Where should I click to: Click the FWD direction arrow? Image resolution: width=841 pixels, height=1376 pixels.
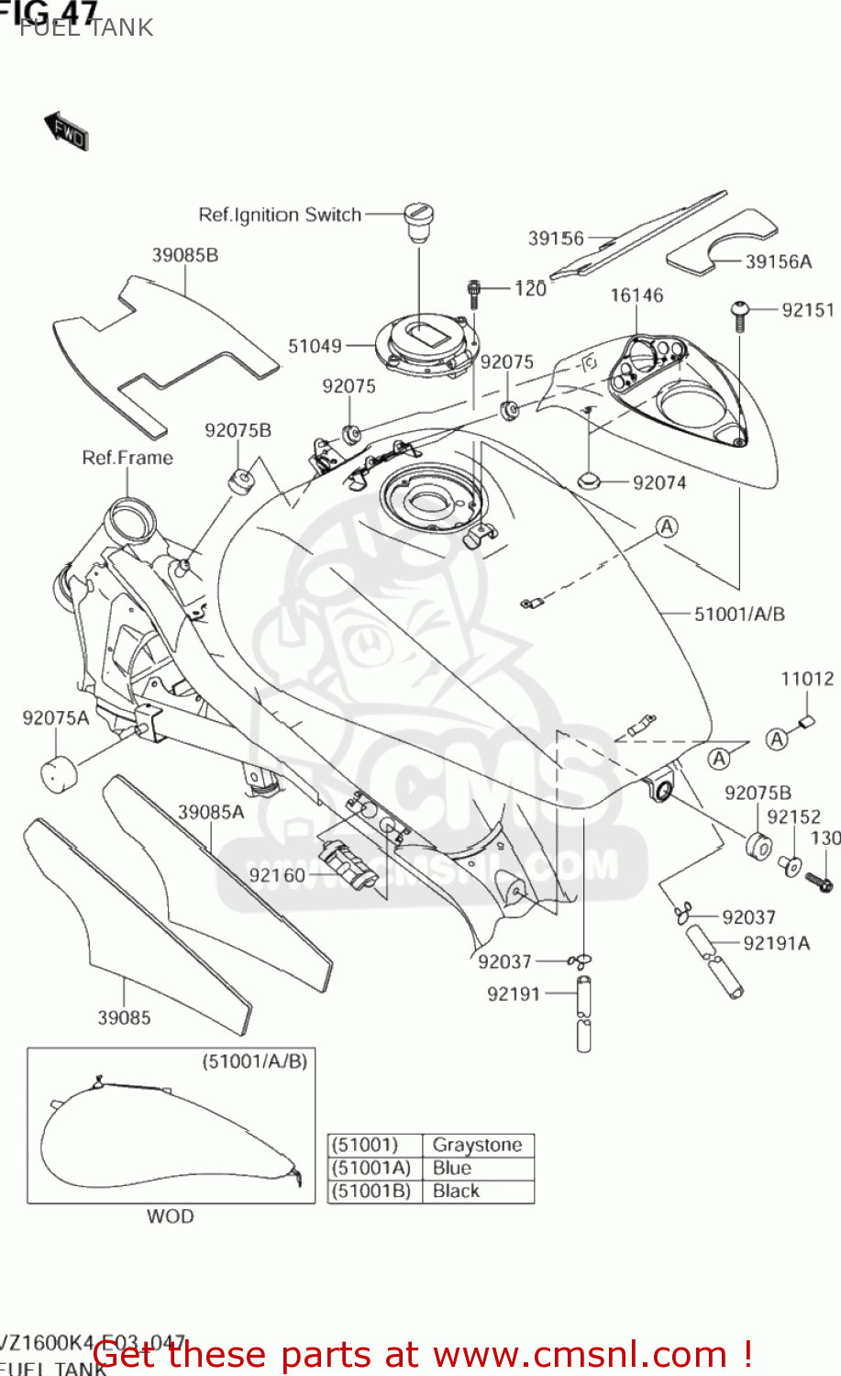point(66,132)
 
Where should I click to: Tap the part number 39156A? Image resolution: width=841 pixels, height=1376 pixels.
point(778,261)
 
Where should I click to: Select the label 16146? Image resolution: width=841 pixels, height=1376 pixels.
point(636,294)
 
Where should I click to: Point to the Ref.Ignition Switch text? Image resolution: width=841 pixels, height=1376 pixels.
point(280,215)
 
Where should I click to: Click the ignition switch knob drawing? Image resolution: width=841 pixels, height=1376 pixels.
point(418,222)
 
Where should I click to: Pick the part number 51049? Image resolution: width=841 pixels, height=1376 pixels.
point(315,346)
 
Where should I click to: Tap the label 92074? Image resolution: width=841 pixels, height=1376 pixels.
point(659,483)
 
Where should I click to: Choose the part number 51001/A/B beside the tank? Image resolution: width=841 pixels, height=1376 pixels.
point(739,614)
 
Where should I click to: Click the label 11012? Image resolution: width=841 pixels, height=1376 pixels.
point(807,679)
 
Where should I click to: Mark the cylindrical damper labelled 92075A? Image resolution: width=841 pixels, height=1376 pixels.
point(58,769)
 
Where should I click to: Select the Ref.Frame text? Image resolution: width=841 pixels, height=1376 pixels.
point(127,458)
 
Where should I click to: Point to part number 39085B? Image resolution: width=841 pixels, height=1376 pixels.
point(185,255)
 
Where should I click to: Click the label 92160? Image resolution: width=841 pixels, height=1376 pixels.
point(277,875)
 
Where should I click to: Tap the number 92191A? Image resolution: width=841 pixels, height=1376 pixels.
point(776,943)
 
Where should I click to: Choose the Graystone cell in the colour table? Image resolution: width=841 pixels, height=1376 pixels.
point(477,1145)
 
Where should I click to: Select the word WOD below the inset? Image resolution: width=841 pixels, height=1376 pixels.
point(171,1216)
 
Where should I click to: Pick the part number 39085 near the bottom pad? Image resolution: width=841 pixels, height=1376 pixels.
point(124,1017)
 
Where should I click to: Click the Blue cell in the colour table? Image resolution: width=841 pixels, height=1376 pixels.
point(452,1168)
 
